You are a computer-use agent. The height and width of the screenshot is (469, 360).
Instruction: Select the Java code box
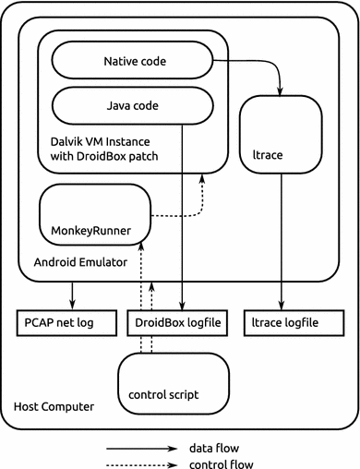(130, 106)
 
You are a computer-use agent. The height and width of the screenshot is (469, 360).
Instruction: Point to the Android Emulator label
(79, 261)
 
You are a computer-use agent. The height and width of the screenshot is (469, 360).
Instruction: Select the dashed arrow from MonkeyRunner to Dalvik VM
(185, 214)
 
